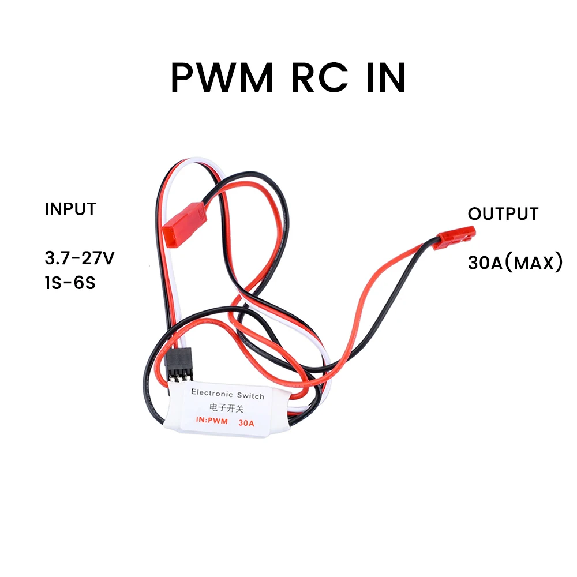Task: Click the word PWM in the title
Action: (x=222, y=78)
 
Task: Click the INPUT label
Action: (x=70, y=209)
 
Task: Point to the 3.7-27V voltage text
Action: (x=80, y=257)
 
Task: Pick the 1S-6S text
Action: (x=69, y=284)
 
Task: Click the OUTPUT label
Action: (x=503, y=214)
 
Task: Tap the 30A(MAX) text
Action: (x=515, y=263)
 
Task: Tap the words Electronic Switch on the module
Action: (x=227, y=395)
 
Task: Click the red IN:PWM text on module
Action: (x=212, y=422)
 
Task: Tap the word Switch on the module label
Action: (x=250, y=396)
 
